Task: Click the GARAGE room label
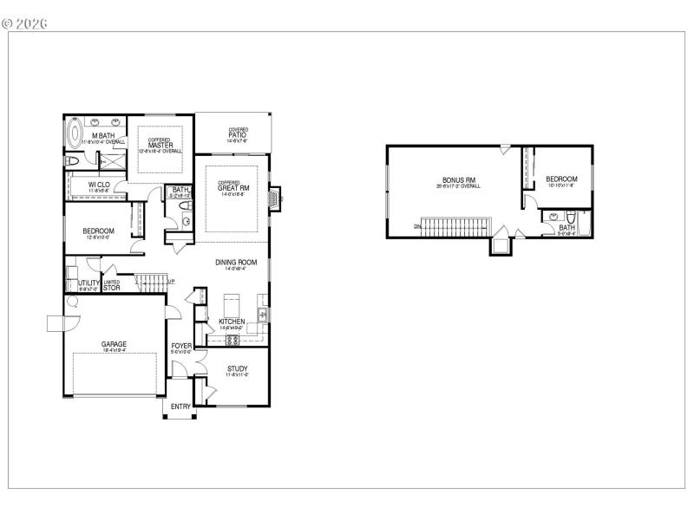point(115,344)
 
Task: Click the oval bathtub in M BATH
point(75,136)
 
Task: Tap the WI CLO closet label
point(99,185)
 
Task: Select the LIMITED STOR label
point(112,284)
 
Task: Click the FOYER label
point(181,346)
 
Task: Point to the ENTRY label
point(180,406)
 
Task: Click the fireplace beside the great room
point(275,198)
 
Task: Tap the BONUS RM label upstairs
point(459,180)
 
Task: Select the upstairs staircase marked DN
point(455,226)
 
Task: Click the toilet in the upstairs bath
point(572,217)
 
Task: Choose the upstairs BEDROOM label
point(561,179)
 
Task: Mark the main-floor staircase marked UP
point(150,281)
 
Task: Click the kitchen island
point(232,305)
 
